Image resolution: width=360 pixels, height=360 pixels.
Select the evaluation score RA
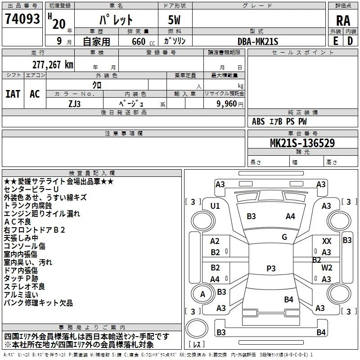point(343,20)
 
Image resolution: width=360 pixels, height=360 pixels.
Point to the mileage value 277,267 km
point(53,64)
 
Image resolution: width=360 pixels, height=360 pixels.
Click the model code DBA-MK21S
point(258,41)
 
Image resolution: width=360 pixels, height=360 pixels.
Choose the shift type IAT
point(13,94)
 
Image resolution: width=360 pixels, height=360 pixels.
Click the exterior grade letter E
point(335,41)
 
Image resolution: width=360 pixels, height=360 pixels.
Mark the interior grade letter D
point(350,41)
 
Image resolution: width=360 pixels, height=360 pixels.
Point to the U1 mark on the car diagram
point(215,206)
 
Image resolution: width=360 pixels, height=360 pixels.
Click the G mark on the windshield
point(284,237)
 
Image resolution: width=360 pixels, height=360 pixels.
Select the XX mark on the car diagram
point(327,242)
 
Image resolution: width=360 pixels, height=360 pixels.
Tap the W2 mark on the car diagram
point(327,268)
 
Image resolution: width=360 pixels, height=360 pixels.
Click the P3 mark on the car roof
point(271,269)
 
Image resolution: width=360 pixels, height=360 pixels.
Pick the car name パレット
point(116,20)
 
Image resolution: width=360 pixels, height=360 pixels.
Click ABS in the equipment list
point(258,121)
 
